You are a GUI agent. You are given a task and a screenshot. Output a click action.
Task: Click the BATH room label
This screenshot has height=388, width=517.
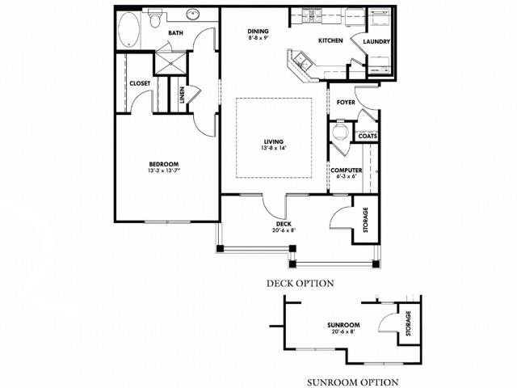point(175,33)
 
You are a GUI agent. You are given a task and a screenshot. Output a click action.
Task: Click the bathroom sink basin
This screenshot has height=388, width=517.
point(195,15)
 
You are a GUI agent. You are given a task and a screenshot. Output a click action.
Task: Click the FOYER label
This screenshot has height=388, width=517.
point(346,103)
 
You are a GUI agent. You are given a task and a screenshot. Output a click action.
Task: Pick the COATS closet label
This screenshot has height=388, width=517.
point(368,136)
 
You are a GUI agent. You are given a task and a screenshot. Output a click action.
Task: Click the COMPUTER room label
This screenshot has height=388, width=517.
point(346,170)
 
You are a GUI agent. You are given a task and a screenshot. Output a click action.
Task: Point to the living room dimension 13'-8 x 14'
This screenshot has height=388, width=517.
point(274,148)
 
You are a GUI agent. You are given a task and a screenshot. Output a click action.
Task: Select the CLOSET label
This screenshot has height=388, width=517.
point(139,82)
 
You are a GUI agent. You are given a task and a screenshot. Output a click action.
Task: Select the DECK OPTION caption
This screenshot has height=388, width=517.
point(300,284)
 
